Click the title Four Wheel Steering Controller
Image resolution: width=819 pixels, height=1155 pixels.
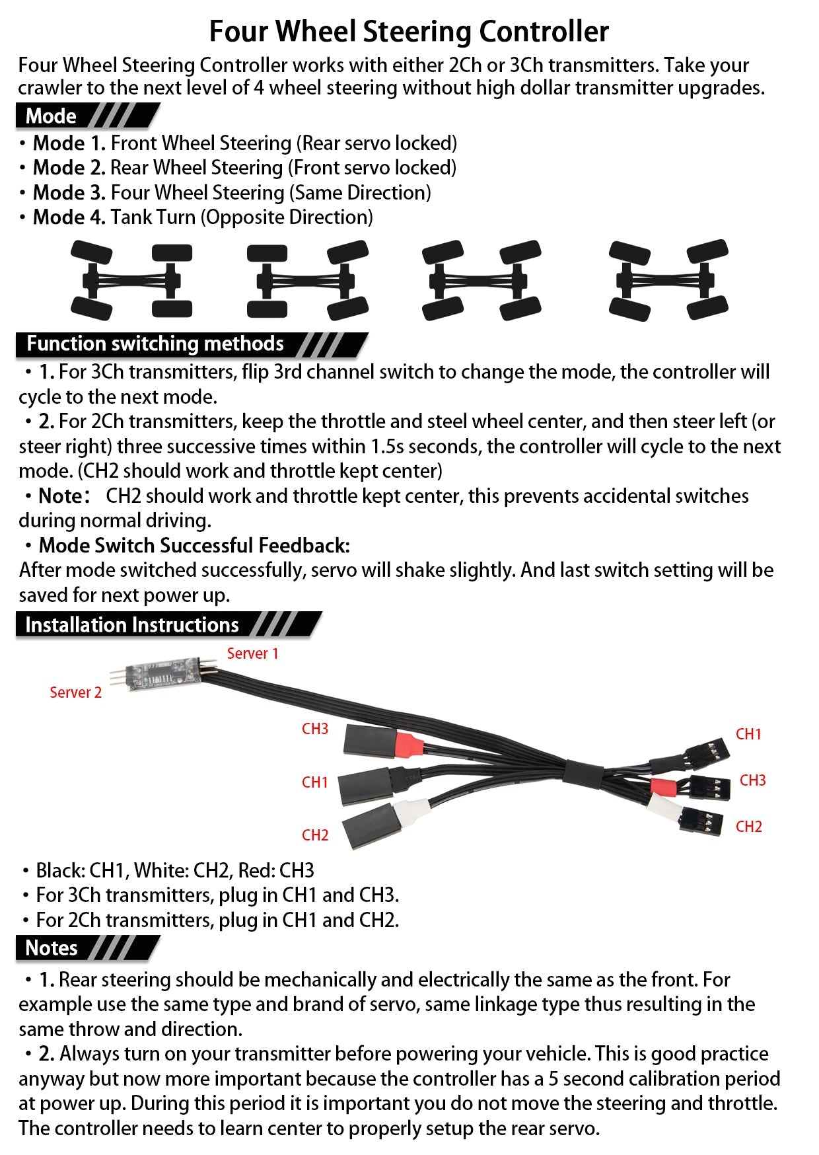tap(409, 31)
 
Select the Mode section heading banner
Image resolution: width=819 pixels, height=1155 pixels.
tap(52, 116)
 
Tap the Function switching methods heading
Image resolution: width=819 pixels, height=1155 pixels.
tap(155, 344)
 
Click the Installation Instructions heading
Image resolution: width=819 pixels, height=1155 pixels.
tap(132, 624)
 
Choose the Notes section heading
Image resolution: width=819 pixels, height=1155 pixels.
tap(52, 948)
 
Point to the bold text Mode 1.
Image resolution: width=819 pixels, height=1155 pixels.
tap(69, 143)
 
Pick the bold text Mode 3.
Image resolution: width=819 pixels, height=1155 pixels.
tap(69, 193)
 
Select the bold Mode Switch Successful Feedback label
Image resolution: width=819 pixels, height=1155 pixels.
tap(194, 546)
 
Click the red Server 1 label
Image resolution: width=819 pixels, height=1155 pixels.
tap(252, 653)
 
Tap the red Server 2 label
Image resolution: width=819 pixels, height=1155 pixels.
tap(75, 692)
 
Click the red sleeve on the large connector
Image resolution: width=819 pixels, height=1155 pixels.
tap(409, 745)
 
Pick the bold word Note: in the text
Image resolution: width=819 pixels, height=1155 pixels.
tap(64, 496)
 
